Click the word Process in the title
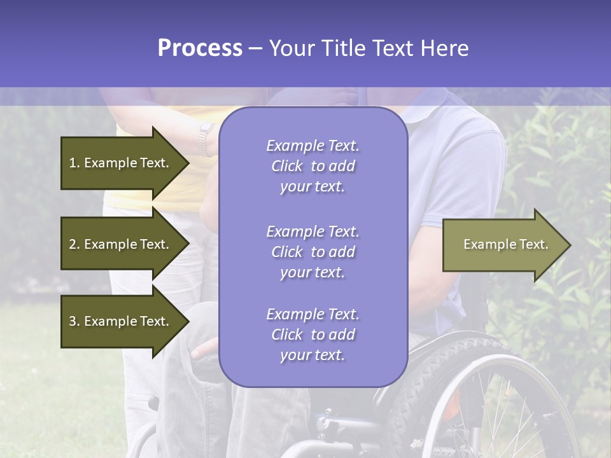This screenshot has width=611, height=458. [x=200, y=48]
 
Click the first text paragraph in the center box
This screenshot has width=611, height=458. [x=313, y=166]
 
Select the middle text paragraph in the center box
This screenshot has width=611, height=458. [x=313, y=252]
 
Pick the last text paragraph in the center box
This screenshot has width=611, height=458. [x=313, y=335]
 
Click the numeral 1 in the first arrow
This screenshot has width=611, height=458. [x=73, y=163]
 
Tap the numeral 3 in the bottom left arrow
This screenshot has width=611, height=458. [x=73, y=321]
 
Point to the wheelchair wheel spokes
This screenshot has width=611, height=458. [x=509, y=413]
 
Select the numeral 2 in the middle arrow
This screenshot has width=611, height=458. [x=73, y=244]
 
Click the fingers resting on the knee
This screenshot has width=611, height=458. [x=205, y=349]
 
